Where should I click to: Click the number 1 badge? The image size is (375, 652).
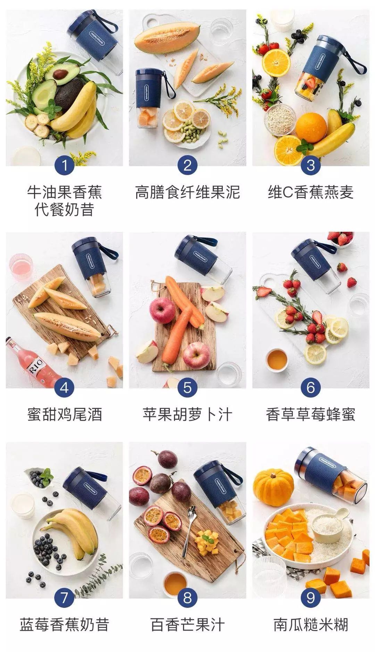(64, 165)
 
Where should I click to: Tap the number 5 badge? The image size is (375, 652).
(187, 387)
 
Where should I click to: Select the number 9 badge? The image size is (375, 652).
(310, 597)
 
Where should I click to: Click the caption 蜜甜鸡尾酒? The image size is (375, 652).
(64, 414)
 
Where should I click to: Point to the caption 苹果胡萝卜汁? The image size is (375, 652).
(187, 414)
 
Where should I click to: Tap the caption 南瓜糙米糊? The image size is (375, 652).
(310, 625)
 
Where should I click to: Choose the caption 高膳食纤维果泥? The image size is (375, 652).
(187, 192)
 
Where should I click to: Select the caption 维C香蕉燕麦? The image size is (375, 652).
(310, 192)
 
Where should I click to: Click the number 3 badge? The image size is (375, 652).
(310, 165)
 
